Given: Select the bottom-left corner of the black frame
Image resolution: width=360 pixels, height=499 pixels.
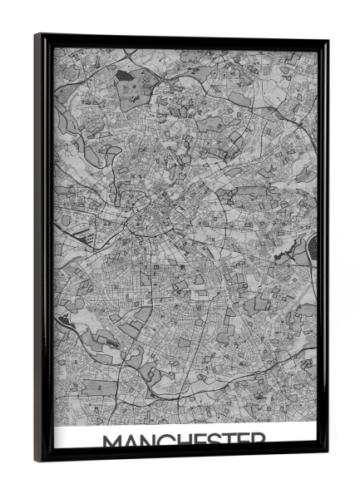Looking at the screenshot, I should [37, 460].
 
